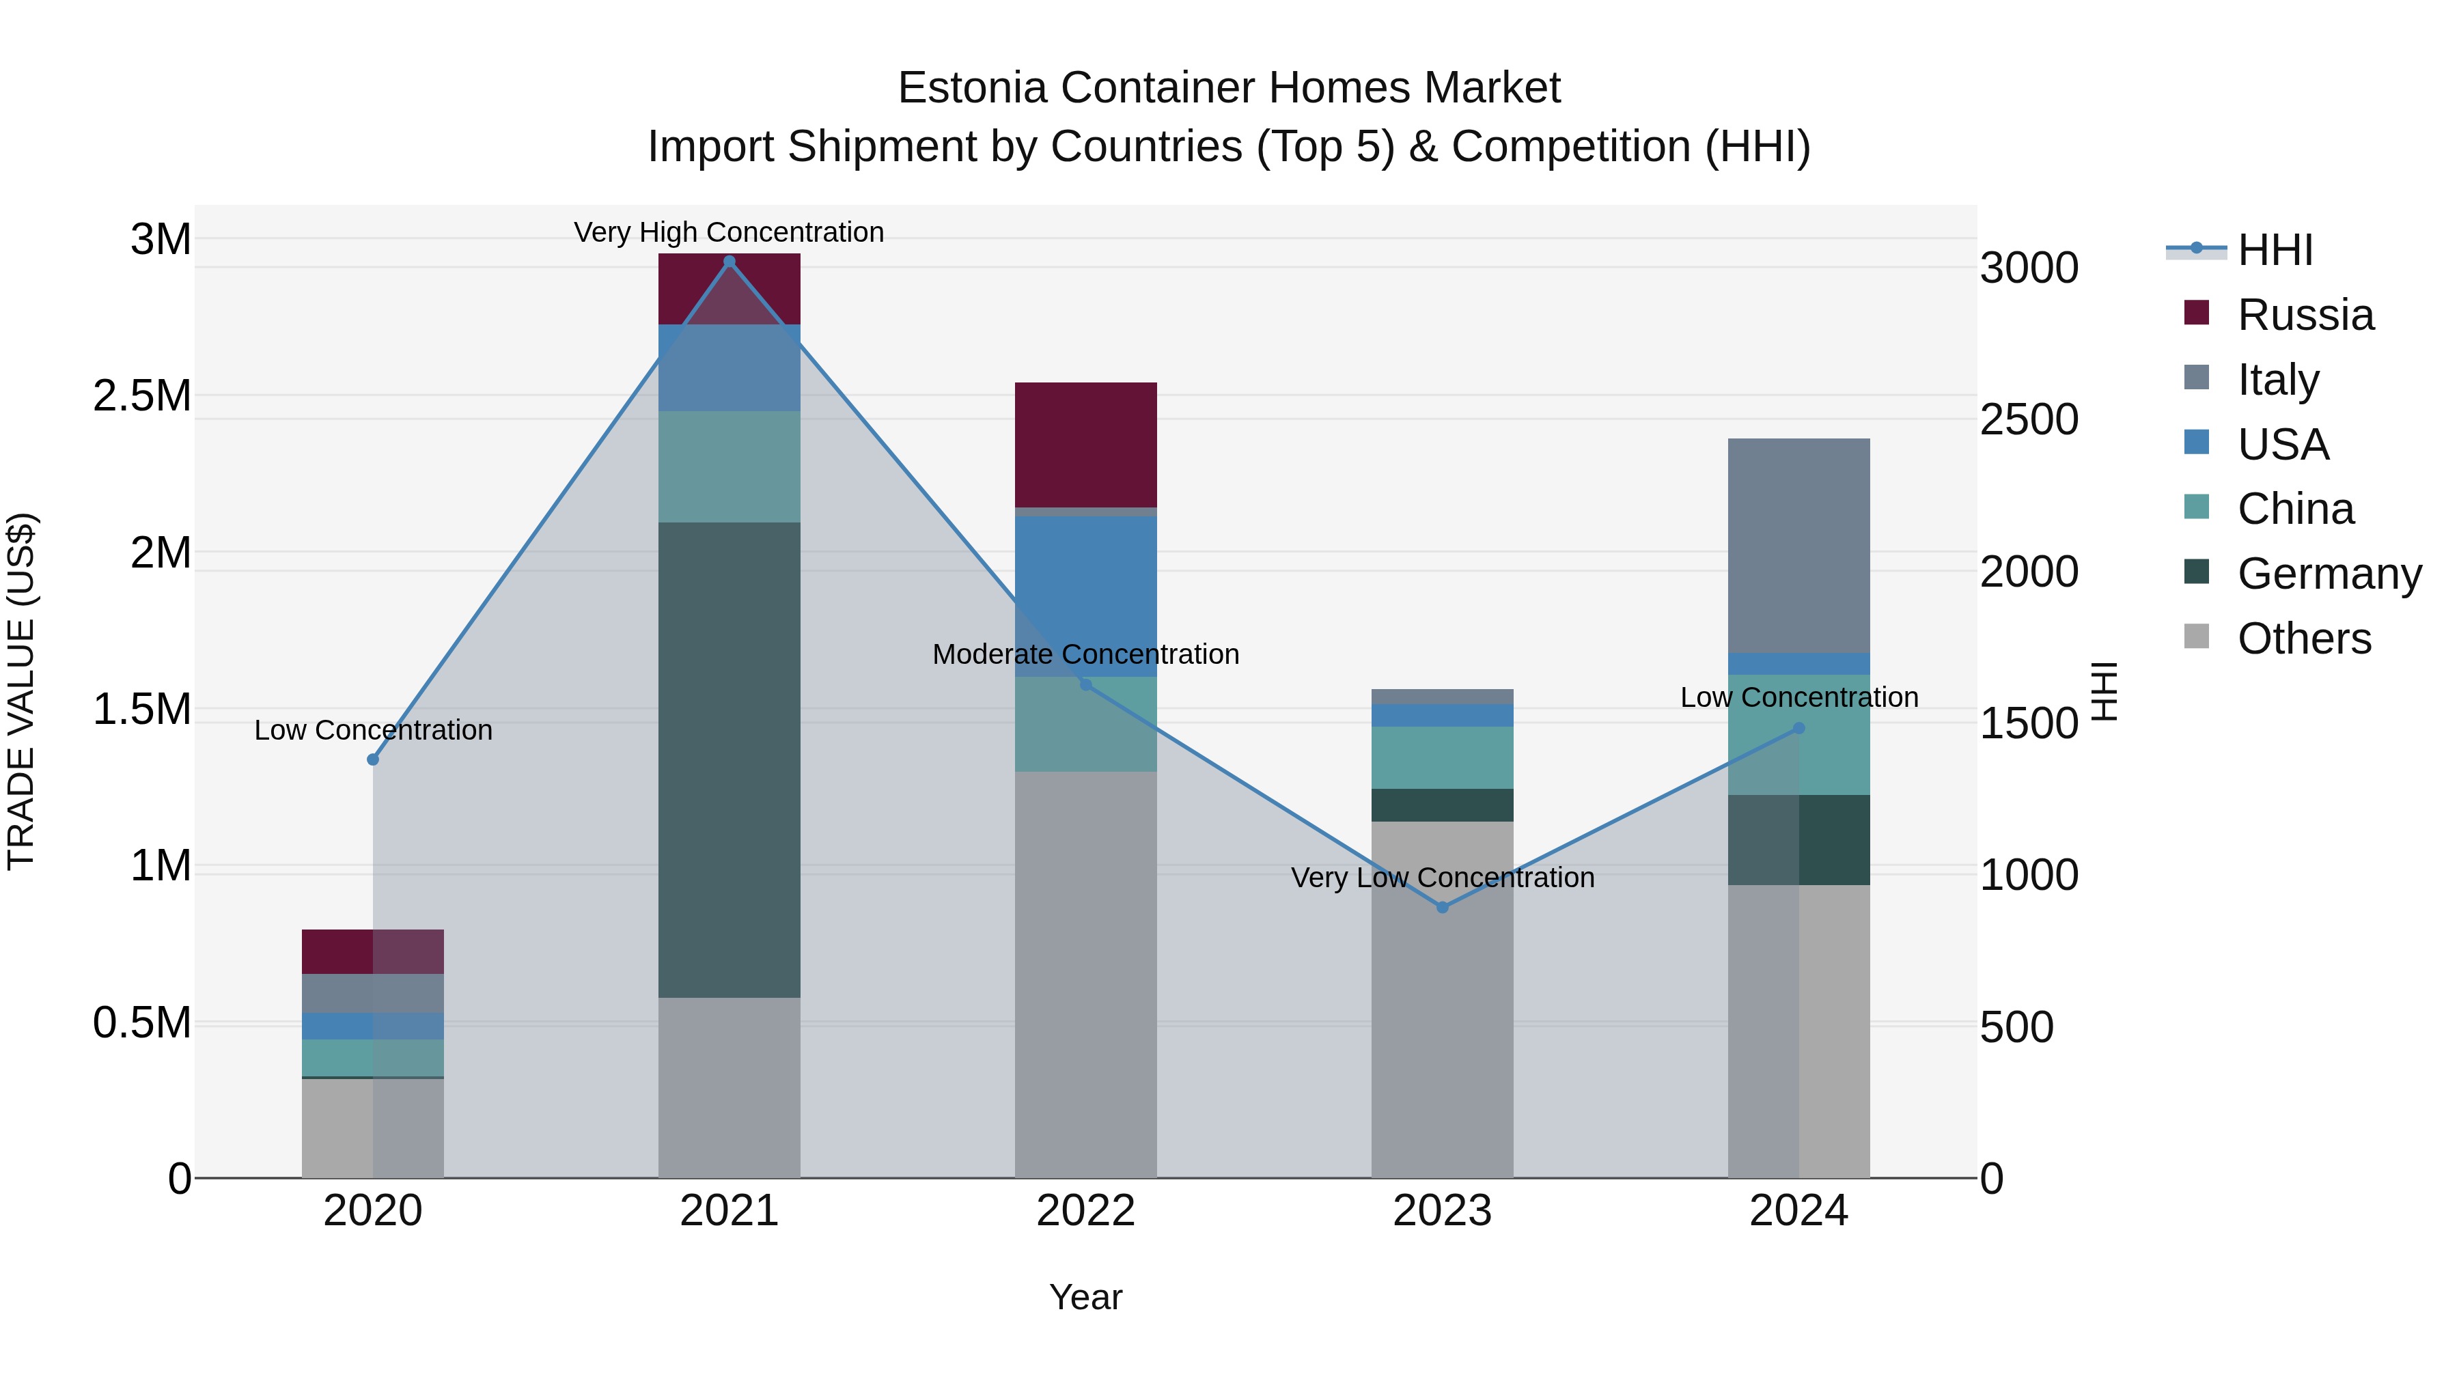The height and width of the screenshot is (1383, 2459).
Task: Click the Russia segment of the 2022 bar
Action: click(1085, 445)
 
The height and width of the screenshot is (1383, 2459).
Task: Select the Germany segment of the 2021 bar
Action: click(730, 759)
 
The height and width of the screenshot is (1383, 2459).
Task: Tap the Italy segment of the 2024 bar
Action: click(1798, 546)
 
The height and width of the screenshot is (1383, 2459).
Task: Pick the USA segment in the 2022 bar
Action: click(1085, 596)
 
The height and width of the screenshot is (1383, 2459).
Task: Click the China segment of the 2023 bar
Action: click(1441, 758)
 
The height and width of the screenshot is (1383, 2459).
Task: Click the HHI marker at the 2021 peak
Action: click(730, 262)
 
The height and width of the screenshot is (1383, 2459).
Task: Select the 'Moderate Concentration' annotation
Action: click(1085, 655)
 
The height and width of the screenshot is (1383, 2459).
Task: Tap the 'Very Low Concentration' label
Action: click(1441, 878)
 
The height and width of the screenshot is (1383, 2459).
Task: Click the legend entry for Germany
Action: click(2329, 574)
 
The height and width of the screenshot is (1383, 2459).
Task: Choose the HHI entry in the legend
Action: click(2275, 250)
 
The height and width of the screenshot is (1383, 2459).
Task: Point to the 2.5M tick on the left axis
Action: click(142, 396)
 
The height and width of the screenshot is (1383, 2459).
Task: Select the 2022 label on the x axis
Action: click(1085, 1211)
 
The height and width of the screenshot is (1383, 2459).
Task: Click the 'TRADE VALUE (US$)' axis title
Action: click(21, 691)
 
